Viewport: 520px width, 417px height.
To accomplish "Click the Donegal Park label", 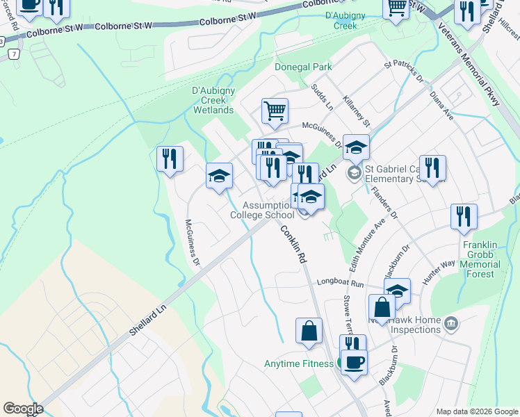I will (x=302, y=67).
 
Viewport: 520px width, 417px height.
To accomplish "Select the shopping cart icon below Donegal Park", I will (x=275, y=111).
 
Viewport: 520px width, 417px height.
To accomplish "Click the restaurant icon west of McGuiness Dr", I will (x=170, y=159).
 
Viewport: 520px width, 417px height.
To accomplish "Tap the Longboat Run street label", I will (x=341, y=284).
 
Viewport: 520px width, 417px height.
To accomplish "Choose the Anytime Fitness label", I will (x=298, y=363).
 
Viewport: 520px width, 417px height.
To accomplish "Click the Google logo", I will (x=23, y=409).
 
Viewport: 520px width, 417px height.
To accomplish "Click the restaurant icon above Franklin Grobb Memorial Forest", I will (x=464, y=217).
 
